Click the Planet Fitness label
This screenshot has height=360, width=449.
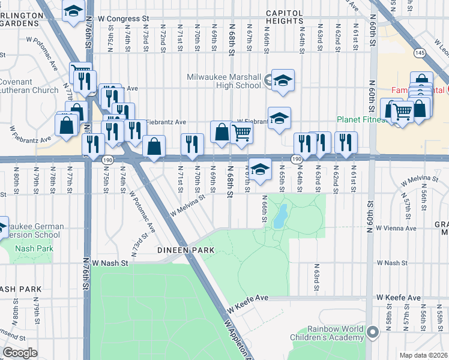coord(361,119)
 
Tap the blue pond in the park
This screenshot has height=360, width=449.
coord(279,216)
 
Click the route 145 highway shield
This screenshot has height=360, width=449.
coord(420,53)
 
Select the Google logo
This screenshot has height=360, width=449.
coord(20,353)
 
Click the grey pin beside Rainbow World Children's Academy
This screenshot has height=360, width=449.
coord(373,331)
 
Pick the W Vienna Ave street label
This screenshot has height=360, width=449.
coord(396,229)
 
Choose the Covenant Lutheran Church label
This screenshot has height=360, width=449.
coord(27,86)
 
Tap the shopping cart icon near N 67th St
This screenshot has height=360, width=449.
coord(241,133)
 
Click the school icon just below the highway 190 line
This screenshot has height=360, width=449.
coord(260,170)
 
